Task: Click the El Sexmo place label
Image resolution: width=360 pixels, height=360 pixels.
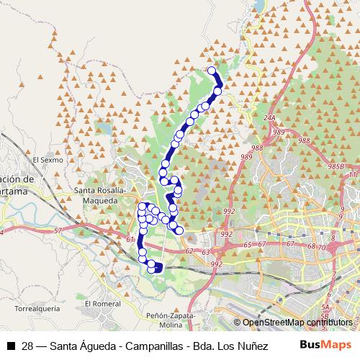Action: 49,160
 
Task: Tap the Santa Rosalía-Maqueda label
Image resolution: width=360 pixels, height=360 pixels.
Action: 101,194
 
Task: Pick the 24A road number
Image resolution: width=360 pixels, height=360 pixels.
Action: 270,117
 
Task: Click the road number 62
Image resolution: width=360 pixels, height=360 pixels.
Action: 190,251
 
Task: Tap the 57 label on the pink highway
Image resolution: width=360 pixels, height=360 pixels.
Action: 58,230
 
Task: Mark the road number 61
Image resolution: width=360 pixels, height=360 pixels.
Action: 130,239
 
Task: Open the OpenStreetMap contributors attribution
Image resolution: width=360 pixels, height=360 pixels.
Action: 296,323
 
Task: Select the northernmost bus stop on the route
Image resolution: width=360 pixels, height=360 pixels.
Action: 212,70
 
